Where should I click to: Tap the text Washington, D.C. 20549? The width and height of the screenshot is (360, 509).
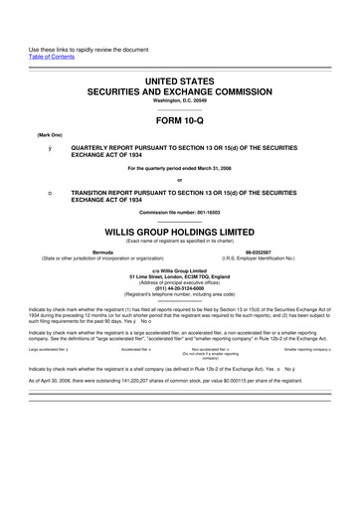pos(179,100)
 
